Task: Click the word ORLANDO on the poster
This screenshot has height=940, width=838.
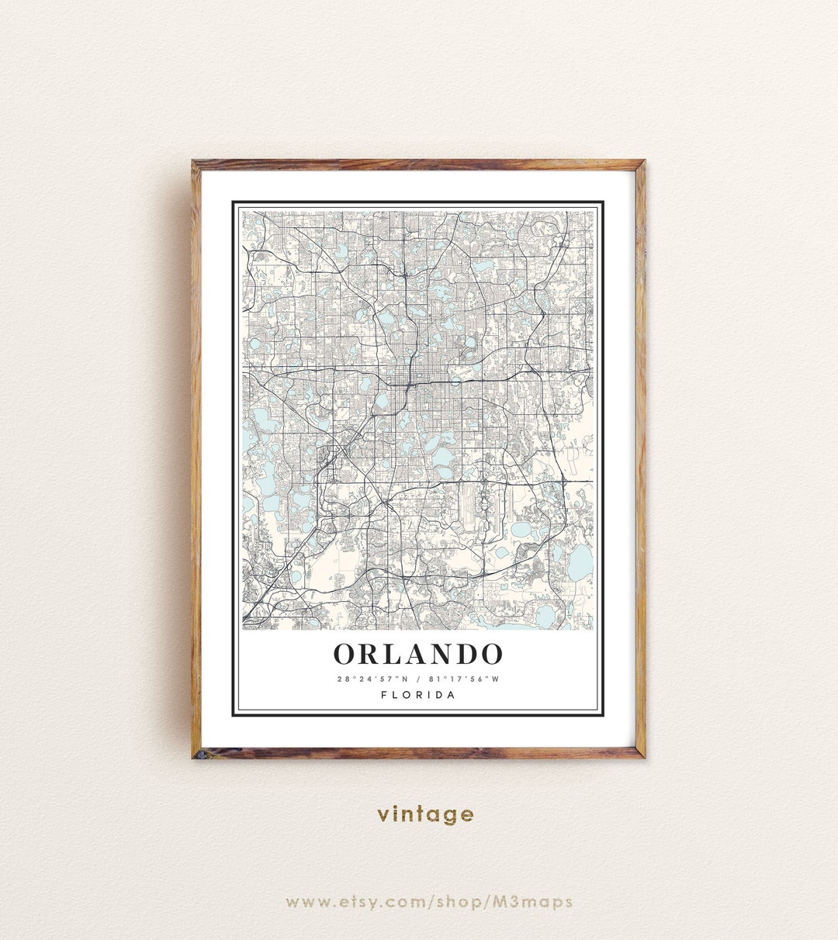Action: [418, 654]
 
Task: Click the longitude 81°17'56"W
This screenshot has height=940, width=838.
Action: [463, 679]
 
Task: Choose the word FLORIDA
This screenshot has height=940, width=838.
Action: [418, 695]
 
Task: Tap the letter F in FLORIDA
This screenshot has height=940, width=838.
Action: [384, 695]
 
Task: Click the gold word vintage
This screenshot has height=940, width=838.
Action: [425, 814]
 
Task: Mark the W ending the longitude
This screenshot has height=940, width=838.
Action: [496, 679]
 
